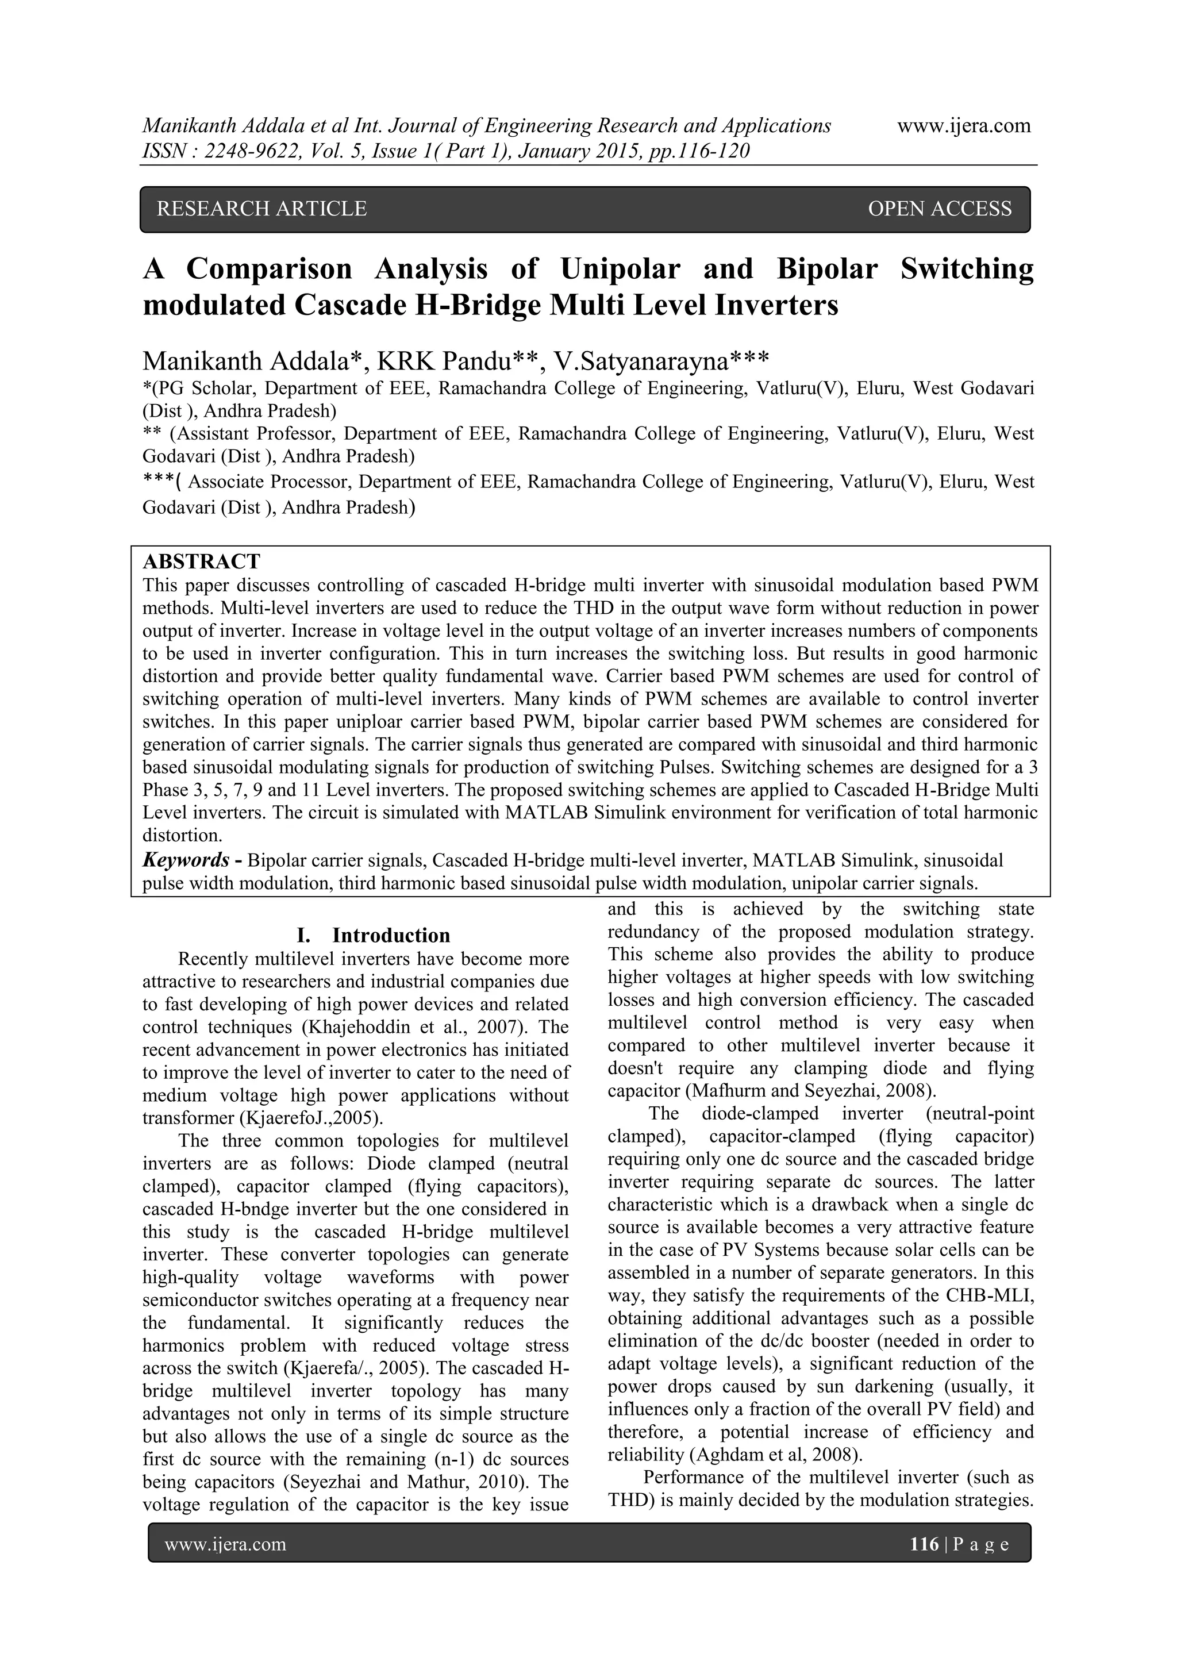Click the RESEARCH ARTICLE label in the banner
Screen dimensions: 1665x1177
[x=262, y=209]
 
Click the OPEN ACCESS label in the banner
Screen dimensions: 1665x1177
[x=939, y=209]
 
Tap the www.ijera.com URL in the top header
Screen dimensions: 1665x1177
[x=964, y=126]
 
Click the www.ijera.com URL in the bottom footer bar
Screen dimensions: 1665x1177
[x=225, y=1544]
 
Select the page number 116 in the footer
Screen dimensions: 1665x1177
[x=924, y=1544]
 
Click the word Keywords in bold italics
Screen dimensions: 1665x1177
[x=186, y=860]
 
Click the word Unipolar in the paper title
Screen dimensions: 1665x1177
[x=620, y=269]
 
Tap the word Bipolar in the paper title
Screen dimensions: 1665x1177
[x=827, y=269]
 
